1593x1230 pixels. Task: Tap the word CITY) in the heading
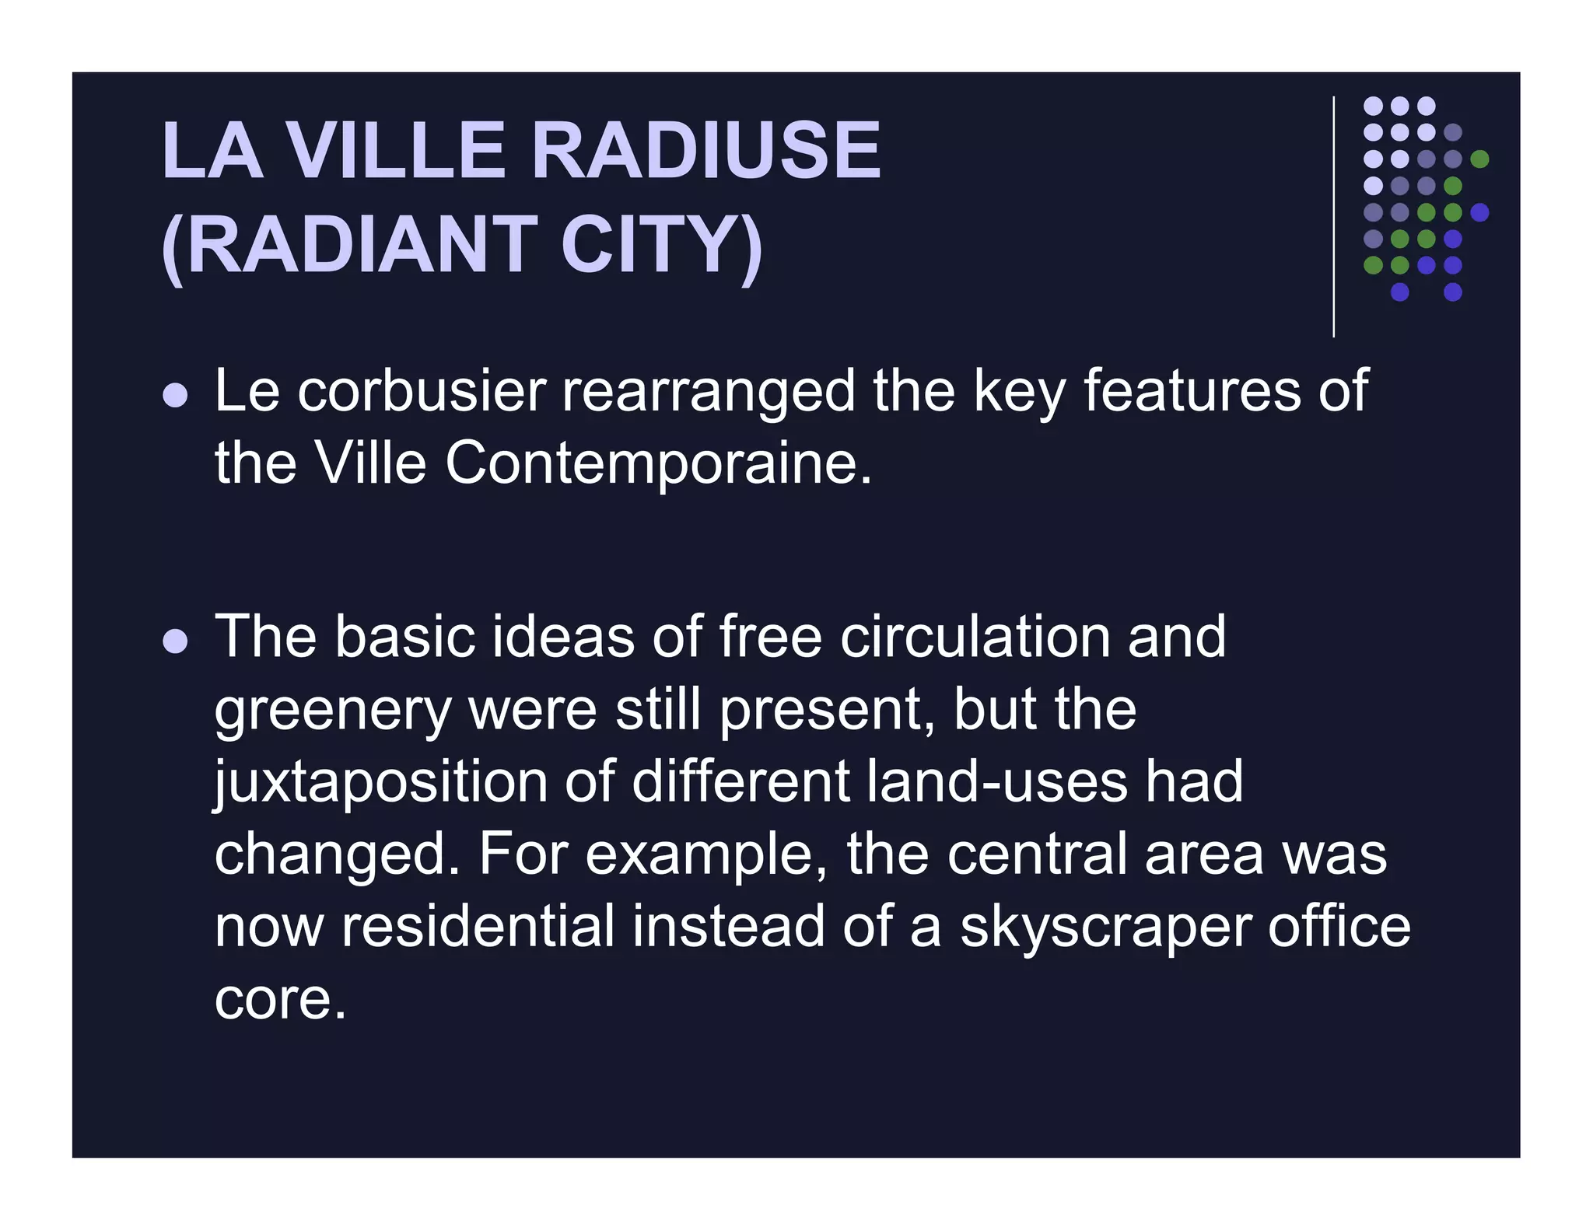pos(661,245)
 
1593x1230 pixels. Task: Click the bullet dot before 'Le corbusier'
pos(176,395)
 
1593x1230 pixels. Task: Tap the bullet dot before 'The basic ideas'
pos(176,641)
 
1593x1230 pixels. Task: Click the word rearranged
pos(708,393)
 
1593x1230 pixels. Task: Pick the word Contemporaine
pos(658,464)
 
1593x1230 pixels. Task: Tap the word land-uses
pos(996,781)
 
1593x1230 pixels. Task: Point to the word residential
pos(478,927)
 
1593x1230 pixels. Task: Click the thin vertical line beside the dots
pos(1333,217)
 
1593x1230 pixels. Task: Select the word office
pos(1339,927)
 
